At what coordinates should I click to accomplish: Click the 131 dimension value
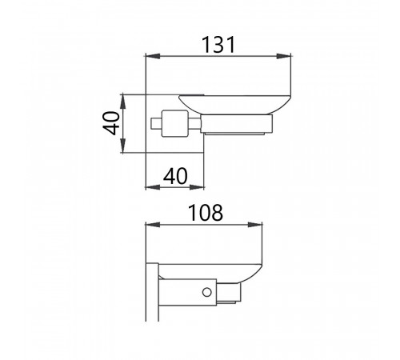[x=218, y=45]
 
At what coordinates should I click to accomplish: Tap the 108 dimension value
[x=206, y=213]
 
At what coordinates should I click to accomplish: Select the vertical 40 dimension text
[x=111, y=123]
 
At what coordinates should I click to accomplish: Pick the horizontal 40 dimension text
[x=175, y=176]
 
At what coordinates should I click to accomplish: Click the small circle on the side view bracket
[x=207, y=292]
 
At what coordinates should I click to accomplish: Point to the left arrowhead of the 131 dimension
[x=153, y=56]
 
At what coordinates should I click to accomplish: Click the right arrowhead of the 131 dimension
[x=283, y=56]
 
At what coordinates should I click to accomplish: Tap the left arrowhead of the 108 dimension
[x=153, y=225]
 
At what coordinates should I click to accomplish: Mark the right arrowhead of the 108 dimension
[x=255, y=225]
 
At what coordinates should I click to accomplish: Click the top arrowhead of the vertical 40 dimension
[x=122, y=102]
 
